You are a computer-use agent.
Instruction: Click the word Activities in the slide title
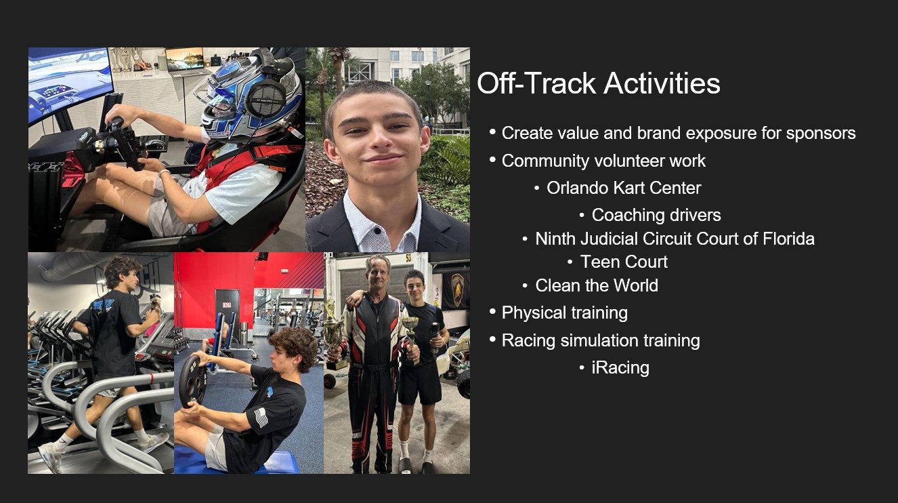(662, 83)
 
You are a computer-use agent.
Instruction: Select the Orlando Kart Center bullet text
(624, 188)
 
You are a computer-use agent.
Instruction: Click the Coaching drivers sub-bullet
(656, 215)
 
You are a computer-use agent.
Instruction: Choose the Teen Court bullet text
(624, 262)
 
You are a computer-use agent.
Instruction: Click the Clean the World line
(597, 285)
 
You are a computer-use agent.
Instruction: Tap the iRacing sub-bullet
(620, 367)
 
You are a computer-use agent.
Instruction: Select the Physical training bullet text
(564, 313)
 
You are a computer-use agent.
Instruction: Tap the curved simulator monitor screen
(69, 82)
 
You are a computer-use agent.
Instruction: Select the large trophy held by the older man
(334, 334)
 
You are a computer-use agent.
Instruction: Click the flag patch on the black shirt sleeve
(261, 418)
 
